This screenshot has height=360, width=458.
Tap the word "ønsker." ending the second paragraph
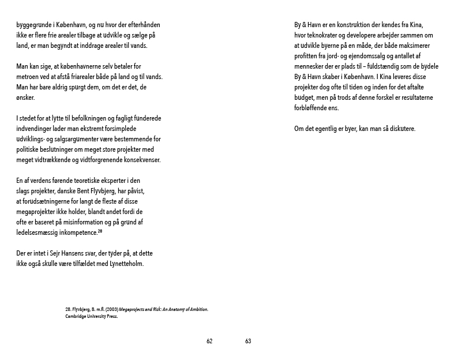click(x=26, y=98)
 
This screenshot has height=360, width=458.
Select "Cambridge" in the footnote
click(x=78, y=317)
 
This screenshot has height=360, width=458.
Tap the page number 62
click(x=210, y=341)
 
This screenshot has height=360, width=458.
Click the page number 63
click(x=248, y=341)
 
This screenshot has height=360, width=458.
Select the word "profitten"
click(x=307, y=57)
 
